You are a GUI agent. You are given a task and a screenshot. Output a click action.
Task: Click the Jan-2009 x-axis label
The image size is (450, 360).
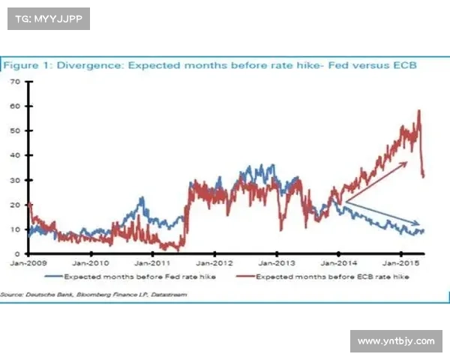27,263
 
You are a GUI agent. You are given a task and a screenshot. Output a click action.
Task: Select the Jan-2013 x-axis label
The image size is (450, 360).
275,263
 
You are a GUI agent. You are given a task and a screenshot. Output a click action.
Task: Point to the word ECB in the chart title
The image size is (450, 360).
403,65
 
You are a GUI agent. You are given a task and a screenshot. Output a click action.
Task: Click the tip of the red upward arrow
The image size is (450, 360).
408,160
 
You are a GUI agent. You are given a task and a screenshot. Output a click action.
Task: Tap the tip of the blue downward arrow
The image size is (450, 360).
421,223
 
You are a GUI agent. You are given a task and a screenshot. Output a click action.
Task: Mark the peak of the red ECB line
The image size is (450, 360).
418,111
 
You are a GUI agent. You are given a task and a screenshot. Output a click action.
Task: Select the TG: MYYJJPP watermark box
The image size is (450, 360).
48,18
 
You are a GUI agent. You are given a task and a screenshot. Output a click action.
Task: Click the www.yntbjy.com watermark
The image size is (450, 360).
395,341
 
